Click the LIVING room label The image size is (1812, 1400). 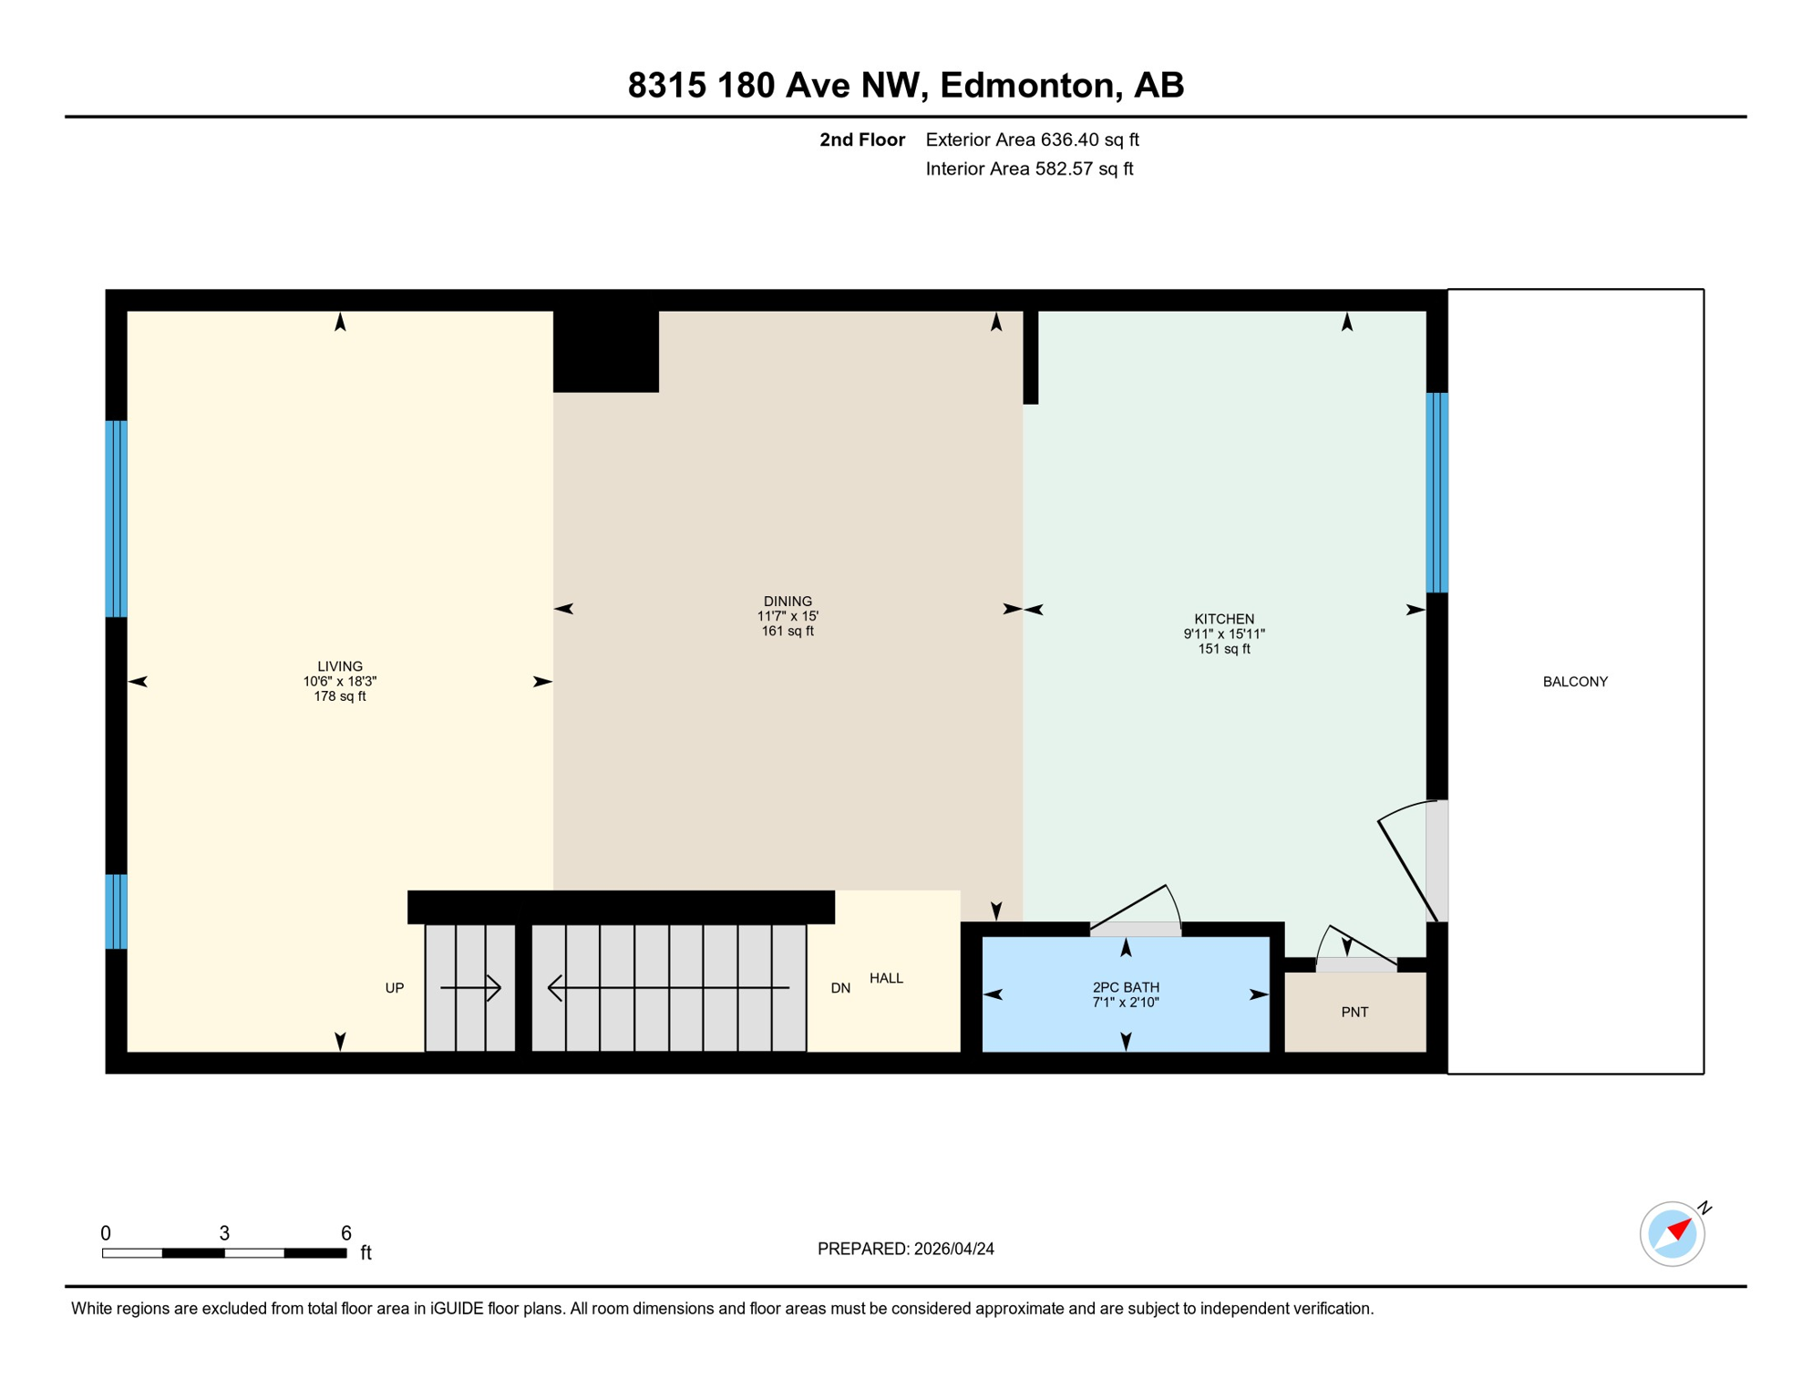[340, 666]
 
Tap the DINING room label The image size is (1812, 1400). [788, 602]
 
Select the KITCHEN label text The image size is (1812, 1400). [1224, 619]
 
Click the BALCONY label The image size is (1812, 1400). [1574, 682]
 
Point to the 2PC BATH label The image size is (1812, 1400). [1126, 987]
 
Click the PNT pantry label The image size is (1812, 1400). [1354, 1012]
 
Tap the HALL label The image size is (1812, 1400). [886, 978]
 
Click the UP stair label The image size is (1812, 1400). [394, 988]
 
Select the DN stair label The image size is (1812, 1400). [840, 988]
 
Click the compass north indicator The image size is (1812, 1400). [1673, 1233]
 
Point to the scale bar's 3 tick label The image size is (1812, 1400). [224, 1233]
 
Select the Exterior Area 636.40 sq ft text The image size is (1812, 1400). [1032, 139]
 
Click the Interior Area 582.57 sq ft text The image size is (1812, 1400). [1029, 169]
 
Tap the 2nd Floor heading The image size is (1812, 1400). [861, 139]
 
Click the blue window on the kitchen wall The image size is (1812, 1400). [1436, 492]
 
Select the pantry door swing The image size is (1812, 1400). [1358, 948]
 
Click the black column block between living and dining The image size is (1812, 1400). [605, 352]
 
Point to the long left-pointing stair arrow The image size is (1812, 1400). [667, 987]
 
